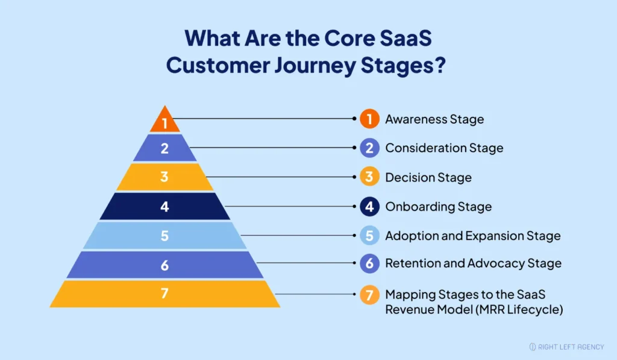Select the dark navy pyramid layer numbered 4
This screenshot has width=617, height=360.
click(164, 206)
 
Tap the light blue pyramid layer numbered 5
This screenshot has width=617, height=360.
click(164, 235)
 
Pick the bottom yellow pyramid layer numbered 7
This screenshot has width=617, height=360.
click(164, 294)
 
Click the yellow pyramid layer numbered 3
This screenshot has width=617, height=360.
click(164, 177)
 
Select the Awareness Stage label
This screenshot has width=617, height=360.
click(434, 119)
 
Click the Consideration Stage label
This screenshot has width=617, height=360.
click(444, 148)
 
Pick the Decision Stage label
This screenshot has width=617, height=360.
click(428, 177)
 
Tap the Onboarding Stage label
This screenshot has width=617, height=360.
click(438, 207)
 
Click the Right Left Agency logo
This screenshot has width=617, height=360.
click(566, 347)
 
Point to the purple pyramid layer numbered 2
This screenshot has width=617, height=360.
click(164, 148)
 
